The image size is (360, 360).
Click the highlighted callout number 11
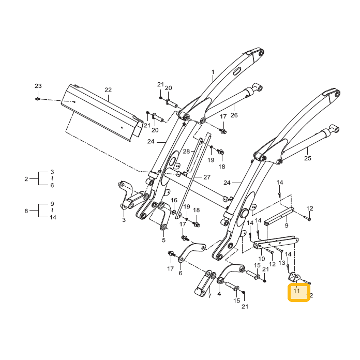coord(296,291)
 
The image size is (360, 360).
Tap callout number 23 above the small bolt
coord(38,86)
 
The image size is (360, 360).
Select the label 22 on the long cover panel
coord(108,90)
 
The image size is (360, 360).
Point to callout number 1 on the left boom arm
coord(213,72)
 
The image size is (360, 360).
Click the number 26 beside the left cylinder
coord(234,115)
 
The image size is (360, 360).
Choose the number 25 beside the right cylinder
coord(308,158)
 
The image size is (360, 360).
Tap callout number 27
coord(207,177)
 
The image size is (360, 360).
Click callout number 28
coord(186,152)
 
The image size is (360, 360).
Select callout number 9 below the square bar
coord(287,226)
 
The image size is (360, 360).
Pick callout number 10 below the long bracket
coord(262,259)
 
